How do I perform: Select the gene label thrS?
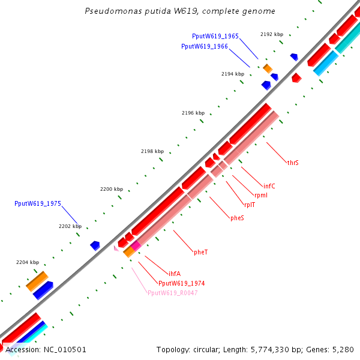coord(293,163)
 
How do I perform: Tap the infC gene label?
coord(269,186)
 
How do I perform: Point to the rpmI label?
coord(261,195)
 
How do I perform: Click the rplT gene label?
coord(249,205)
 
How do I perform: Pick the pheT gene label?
coord(200,251)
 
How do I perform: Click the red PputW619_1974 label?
coord(182,283)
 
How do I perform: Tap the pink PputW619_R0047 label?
coord(172,293)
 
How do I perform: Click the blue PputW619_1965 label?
coord(215,37)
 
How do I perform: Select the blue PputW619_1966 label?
coord(204,46)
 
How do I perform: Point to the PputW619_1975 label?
coord(38,204)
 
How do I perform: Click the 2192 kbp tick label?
coord(272,35)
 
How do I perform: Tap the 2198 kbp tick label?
coord(152,151)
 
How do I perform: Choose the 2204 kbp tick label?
coord(28,262)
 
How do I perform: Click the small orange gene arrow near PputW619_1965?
coord(268,69)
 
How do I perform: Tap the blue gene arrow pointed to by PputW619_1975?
coord(95,245)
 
